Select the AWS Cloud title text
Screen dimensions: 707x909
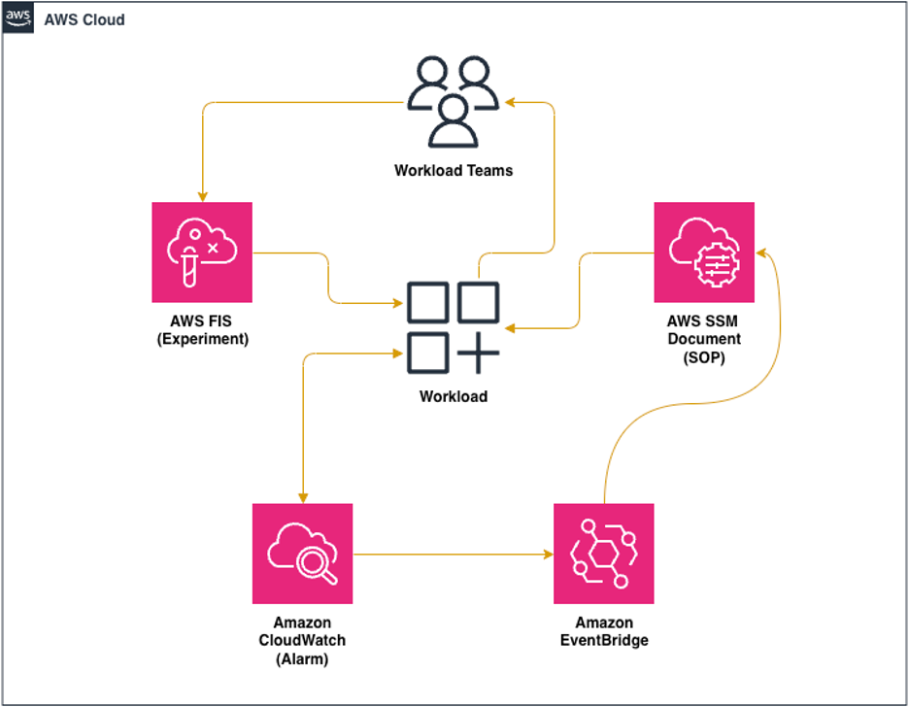tap(84, 19)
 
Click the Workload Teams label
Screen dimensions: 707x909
tap(453, 171)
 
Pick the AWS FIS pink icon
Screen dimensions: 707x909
tap(202, 252)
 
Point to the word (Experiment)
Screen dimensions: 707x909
tap(202, 340)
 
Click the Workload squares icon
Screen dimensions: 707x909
tap(453, 328)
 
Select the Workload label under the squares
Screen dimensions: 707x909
tap(453, 396)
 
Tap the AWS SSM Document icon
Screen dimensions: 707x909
tap(704, 252)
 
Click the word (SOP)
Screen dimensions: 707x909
tap(704, 356)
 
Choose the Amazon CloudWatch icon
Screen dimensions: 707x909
tap(303, 554)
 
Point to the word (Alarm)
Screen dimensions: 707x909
tap(303, 657)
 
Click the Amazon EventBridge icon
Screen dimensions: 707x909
tap(603, 554)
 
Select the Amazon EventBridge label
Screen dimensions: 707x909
tap(603, 632)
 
